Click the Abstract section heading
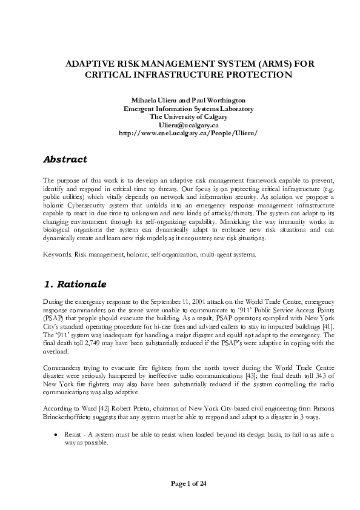(x=65, y=159)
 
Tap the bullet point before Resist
(x=56, y=435)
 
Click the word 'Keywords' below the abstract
(x=57, y=255)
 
